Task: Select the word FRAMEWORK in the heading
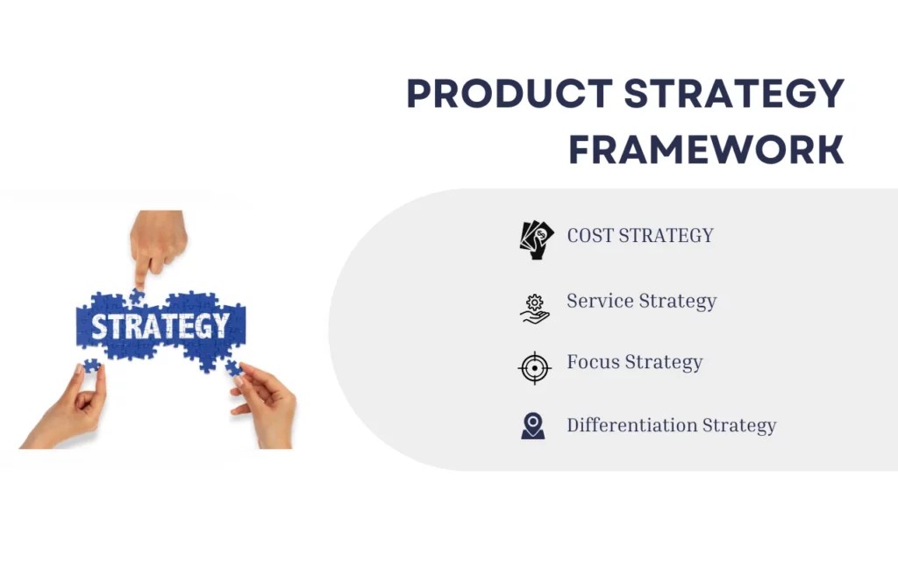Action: pos(706,150)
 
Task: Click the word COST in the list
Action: pos(590,236)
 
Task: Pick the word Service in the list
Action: pos(601,301)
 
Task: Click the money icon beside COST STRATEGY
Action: pos(536,238)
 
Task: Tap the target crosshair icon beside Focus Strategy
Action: pos(534,367)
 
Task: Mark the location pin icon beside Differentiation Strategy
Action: pos(532,426)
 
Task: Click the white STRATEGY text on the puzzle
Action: pos(160,326)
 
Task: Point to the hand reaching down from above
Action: pos(158,241)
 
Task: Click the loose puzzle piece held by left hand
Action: pos(91,365)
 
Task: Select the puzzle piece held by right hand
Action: pos(232,367)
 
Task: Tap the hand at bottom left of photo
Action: pos(70,412)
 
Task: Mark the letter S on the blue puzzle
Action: pos(101,327)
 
